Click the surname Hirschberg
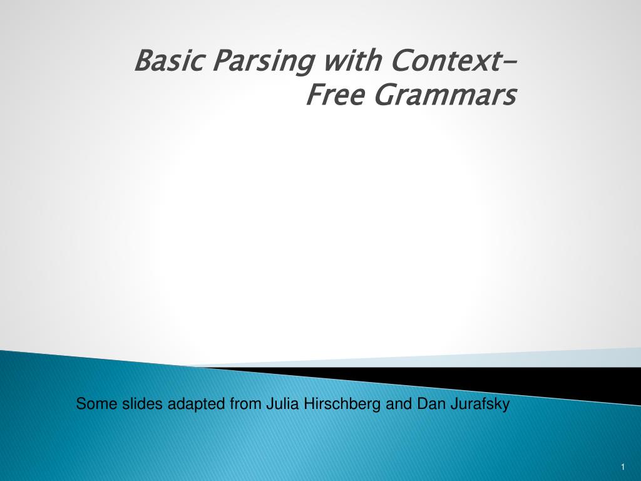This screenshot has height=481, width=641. (x=342, y=405)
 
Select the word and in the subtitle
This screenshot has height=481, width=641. (x=396, y=405)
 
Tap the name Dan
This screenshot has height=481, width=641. (x=426, y=405)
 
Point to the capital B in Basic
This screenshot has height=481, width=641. (x=143, y=61)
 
